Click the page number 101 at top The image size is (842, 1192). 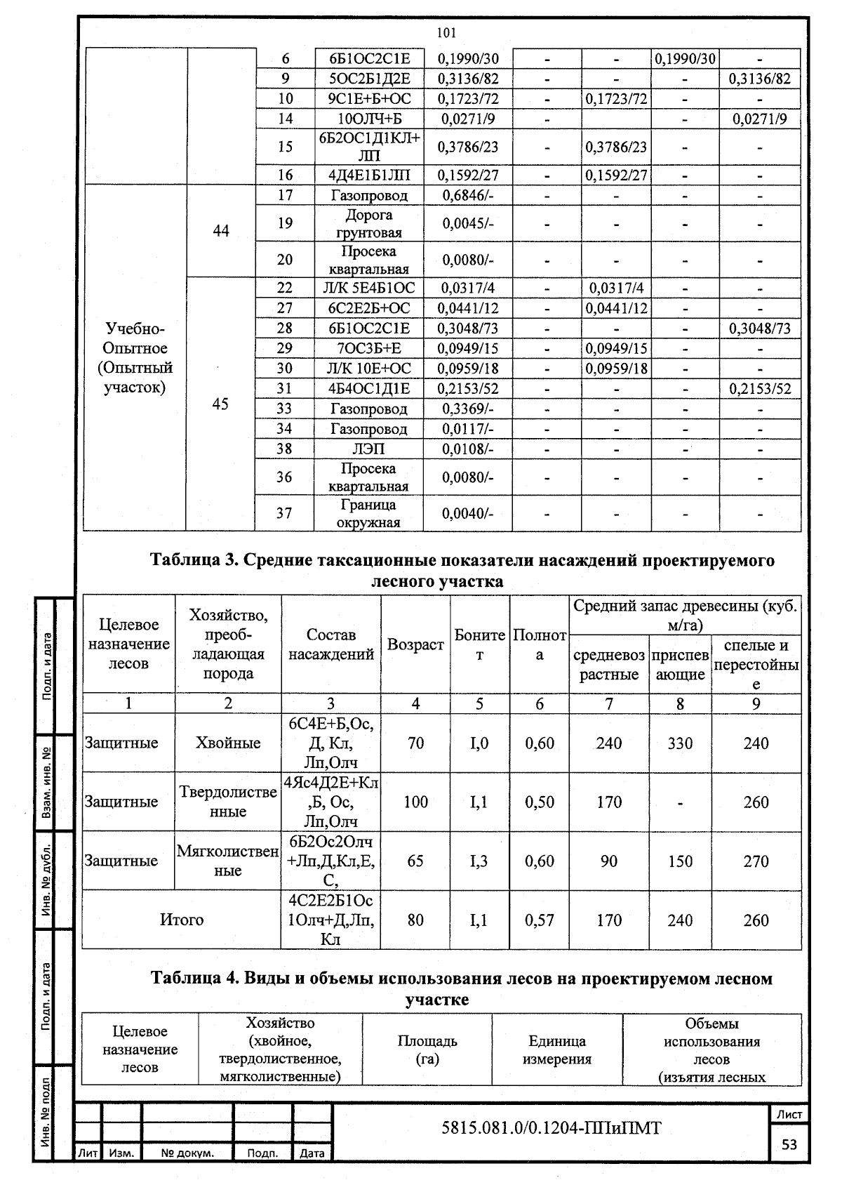(x=446, y=32)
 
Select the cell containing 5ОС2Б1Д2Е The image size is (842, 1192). (x=368, y=79)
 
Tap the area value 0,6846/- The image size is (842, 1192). (x=468, y=195)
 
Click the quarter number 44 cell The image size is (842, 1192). (x=220, y=231)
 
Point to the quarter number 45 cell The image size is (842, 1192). (x=220, y=404)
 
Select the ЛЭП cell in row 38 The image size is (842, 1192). (x=368, y=449)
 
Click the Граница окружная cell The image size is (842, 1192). (x=368, y=513)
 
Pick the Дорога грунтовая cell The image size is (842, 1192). (x=368, y=223)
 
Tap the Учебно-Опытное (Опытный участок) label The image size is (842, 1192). (x=135, y=358)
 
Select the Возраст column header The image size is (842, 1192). (x=415, y=644)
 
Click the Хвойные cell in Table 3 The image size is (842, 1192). (x=228, y=743)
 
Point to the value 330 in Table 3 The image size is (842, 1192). (x=680, y=743)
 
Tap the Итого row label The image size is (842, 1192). (x=182, y=920)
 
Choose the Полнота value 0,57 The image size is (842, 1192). (x=539, y=920)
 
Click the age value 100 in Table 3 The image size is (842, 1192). (x=415, y=802)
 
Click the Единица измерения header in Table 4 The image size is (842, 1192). (x=556, y=1050)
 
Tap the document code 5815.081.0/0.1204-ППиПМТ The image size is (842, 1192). (x=551, y=1128)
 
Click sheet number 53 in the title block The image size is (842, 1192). (x=789, y=1144)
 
